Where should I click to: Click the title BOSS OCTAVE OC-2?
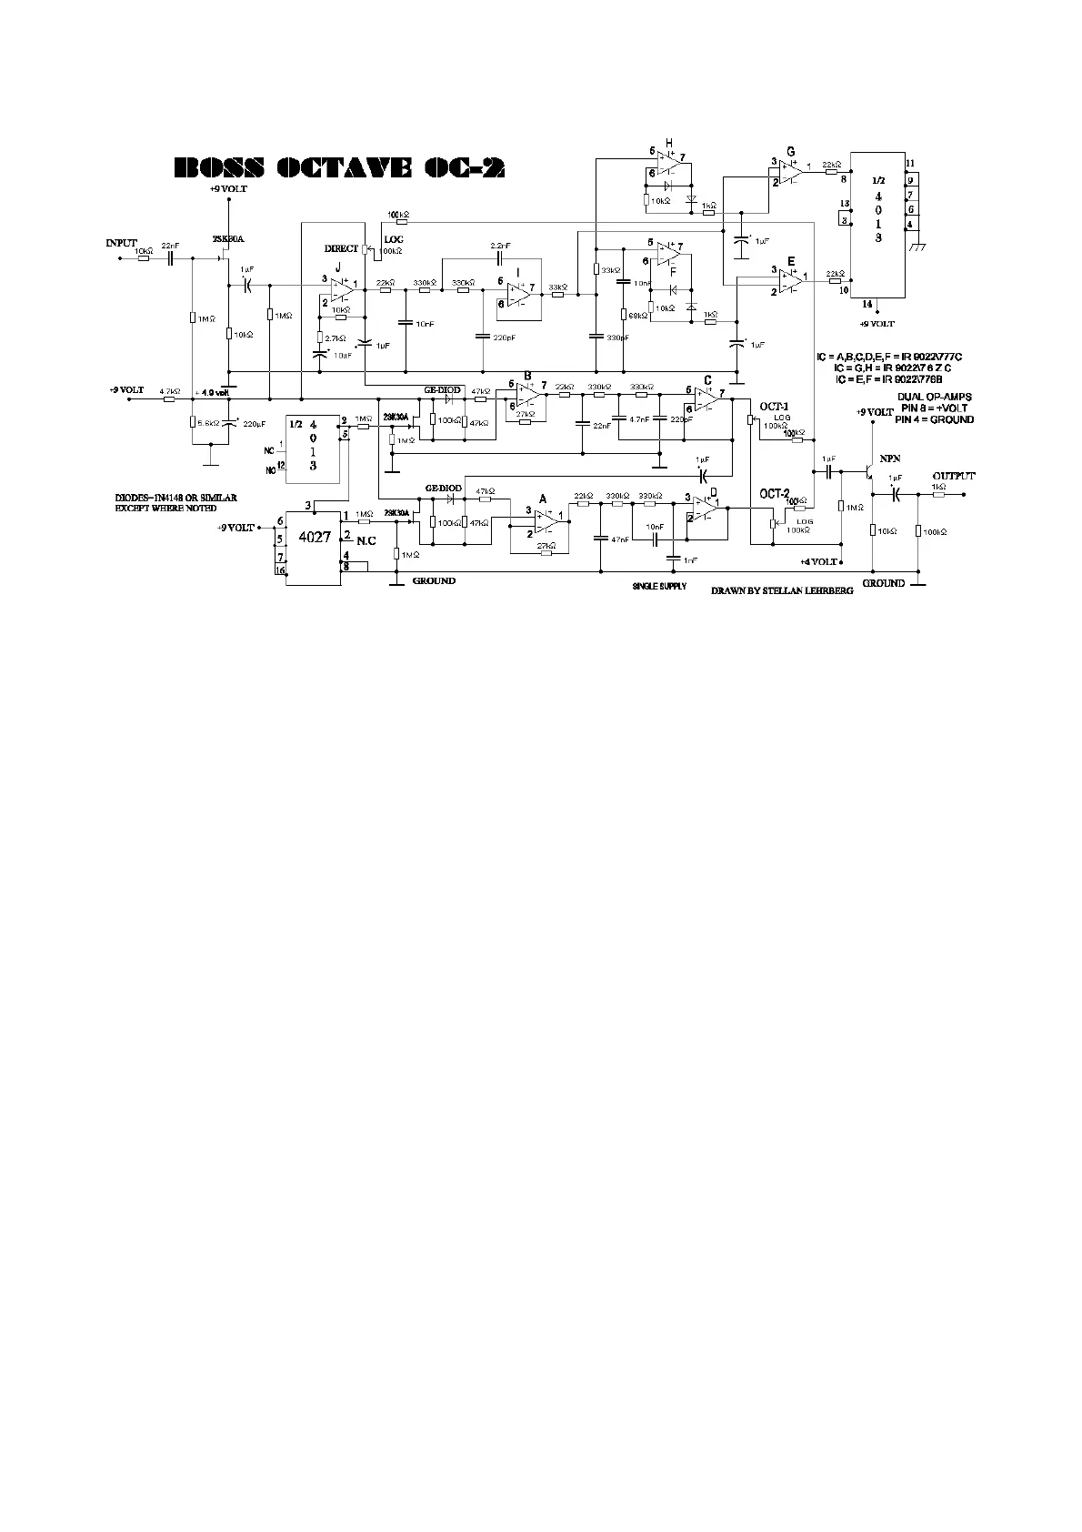pos(339,168)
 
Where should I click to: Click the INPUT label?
pos(121,243)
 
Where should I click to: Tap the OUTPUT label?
pos(953,476)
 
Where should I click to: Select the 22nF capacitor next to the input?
pos(170,257)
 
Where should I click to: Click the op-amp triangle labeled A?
pos(546,519)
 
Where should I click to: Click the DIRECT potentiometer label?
pos(341,248)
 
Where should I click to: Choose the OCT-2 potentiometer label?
pos(775,493)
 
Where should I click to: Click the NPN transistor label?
pos(889,459)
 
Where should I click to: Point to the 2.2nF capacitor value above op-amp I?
pos(500,247)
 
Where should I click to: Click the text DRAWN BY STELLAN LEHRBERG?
pos(783,590)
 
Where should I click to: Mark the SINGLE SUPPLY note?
pos(659,587)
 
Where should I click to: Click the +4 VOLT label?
pos(819,561)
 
